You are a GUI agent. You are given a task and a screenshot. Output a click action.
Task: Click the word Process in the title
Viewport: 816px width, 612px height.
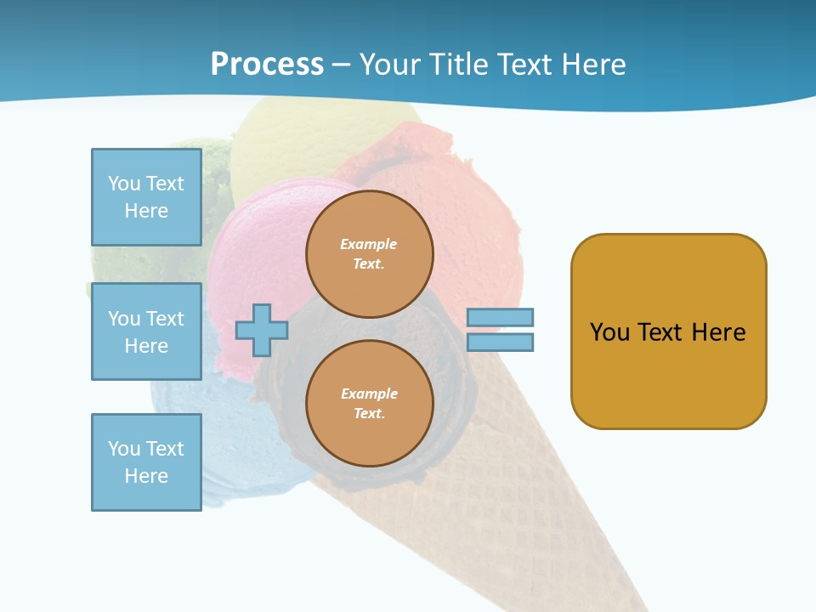267,65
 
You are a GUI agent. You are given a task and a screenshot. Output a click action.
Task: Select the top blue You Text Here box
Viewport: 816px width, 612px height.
146,197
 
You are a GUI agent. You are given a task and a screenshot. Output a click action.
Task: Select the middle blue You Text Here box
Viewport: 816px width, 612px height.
146,331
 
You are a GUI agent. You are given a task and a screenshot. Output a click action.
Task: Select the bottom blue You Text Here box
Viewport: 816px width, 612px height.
146,462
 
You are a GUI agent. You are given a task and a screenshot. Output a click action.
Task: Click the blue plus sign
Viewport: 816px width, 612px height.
261,330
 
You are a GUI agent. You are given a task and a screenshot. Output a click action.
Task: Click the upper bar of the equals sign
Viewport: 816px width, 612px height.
500,318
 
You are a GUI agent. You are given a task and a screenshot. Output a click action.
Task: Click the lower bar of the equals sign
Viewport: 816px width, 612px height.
500,342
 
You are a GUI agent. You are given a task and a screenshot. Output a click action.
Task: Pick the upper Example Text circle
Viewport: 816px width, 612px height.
370,253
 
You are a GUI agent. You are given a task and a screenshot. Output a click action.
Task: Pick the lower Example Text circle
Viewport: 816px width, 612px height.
370,403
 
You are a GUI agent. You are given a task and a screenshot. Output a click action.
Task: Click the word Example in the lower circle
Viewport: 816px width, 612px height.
369,394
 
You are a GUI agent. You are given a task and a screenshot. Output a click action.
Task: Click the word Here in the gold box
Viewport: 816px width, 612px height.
718,331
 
